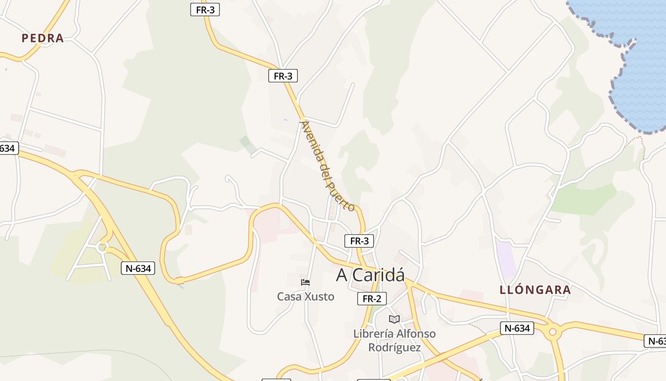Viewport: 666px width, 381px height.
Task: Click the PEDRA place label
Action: coord(42,38)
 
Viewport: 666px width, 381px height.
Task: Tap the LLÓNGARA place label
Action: coord(535,290)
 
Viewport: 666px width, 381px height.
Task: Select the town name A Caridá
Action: coord(371,275)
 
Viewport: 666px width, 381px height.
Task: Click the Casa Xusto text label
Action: coord(305,297)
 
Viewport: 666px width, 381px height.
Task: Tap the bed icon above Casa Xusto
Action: coord(305,282)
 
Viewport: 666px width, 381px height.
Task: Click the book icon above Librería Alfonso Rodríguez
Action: coord(394,319)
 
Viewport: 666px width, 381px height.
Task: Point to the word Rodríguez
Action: coord(394,348)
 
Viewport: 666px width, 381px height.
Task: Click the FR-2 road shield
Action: coord(372,299)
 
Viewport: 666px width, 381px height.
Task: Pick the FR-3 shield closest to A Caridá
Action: coord(359,241)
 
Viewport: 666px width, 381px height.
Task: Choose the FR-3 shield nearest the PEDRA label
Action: coord(205,10)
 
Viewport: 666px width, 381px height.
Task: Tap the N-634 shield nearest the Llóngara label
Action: coord(517,328)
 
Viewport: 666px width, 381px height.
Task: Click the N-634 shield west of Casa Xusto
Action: coord(138,268)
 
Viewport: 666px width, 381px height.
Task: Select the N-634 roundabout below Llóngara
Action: coord(552,332)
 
